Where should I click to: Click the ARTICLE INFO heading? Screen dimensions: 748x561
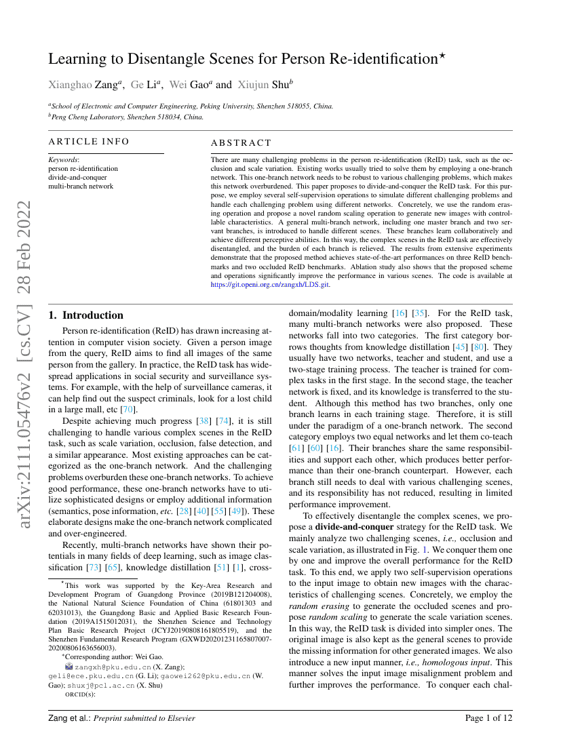[x=89, y=142]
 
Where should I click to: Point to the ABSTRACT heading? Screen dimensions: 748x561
[x=241, y=143]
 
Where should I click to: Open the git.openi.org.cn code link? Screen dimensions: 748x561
[x=271, y=286]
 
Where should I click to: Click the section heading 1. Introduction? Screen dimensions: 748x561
[x=86, y=315]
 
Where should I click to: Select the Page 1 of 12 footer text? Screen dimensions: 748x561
[x=488, y=717]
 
